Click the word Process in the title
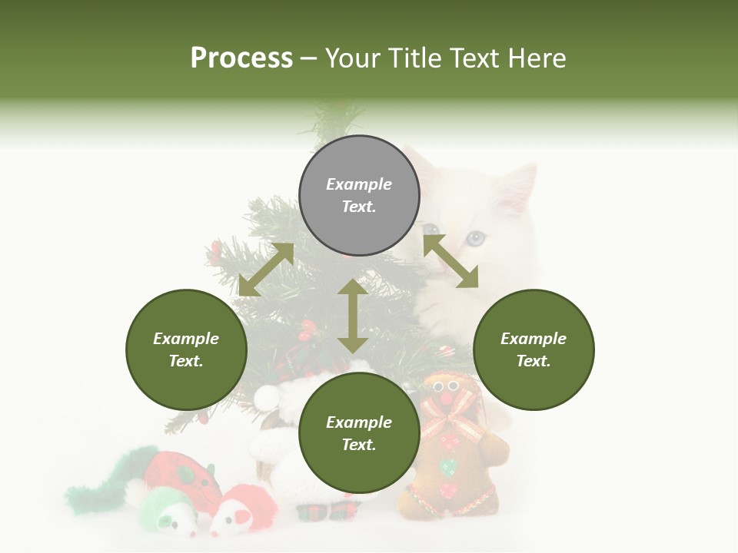tap(241, 58)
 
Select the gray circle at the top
tap(359, 196)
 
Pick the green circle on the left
tap(186, 349)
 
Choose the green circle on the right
tap(533, 349)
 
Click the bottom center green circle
tap(359, 433)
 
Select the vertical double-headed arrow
tap(353, 316)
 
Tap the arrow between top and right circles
tap(450, 261)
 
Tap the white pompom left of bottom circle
tap(267, 396)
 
